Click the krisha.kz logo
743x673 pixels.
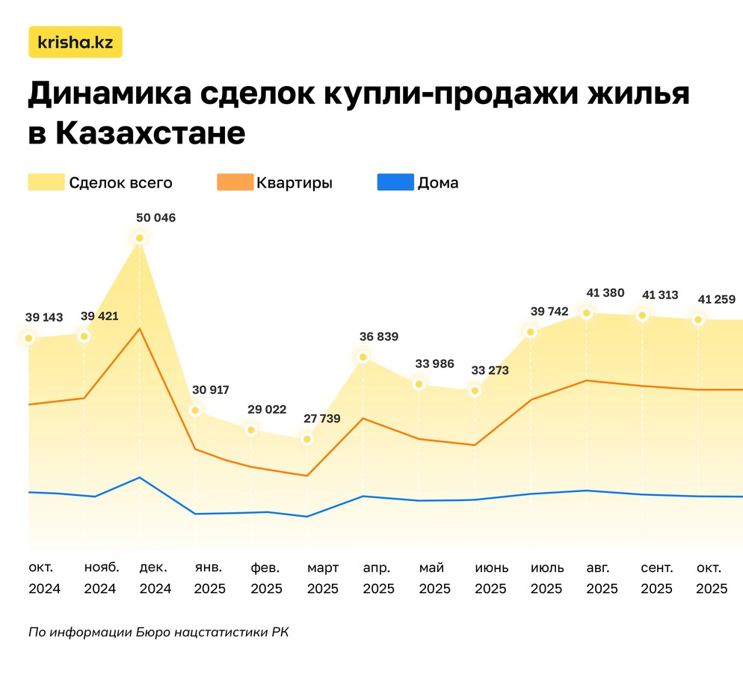pyautogui.click(x=75, y=43)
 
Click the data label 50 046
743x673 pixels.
pyautogui.click(x=155, y=218)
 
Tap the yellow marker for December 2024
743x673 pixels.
pyautogui.click(x=140, y=238)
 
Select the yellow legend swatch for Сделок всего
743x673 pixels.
pyautogui.click(x=46, y=182)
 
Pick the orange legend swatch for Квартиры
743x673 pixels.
pyautogui.click(x=234, y=182)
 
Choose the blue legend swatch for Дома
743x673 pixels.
pyautogui.click(x=395, y=182)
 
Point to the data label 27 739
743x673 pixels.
pyautogui.click(x=322, y=419)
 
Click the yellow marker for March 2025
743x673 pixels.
pyautogui.click(x=307, y=439)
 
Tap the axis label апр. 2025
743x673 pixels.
pyautogui.click(x=378, y=578)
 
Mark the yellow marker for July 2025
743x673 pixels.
pyautogui.click(x=531, y=331)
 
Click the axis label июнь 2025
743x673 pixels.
pyautogui.click(x=491, y=578)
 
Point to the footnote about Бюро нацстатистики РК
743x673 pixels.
pyautogui.click(x=158, y=633)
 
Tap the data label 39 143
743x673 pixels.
pyautogui.click(x=43, y=318)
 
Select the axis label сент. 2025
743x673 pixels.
pyautogui.click(x=656, y=578)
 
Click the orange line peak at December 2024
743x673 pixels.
pyautogui.click(x=140, y=328)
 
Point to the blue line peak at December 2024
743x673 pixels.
pyautogui.click(x=140, y=477)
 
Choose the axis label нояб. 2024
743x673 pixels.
pyautogui.click(x=100, y=578)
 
